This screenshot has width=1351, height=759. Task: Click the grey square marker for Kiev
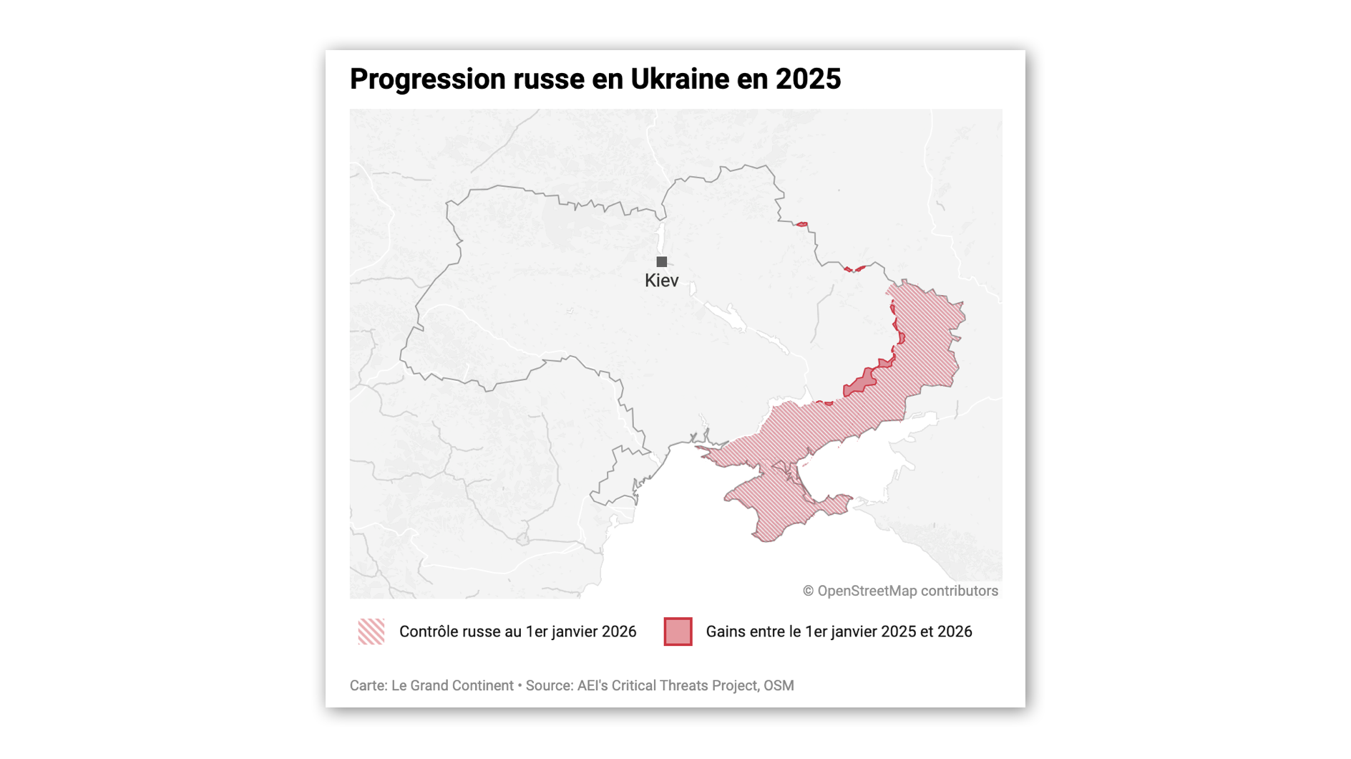(x=662, y=262)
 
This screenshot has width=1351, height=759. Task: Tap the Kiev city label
(x=661, y=281)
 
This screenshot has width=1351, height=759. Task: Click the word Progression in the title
(x=427, y=79)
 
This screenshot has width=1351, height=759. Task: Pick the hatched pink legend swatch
(x=371, y=632)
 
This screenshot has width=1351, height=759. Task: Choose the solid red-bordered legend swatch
(x=678, y=632)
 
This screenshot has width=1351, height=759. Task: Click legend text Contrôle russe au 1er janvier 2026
(x=517, y=632)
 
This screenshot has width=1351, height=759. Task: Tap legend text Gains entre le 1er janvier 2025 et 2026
(x=839, y=632)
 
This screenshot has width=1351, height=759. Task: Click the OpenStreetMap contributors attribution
(x=907, y=591)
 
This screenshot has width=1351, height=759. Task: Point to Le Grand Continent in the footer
(x=452, y=685)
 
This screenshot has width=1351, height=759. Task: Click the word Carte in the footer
(x=367, y=685)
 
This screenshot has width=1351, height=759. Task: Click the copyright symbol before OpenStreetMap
(x=808, y=591)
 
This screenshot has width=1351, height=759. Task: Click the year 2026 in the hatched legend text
(x=619, y=632)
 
